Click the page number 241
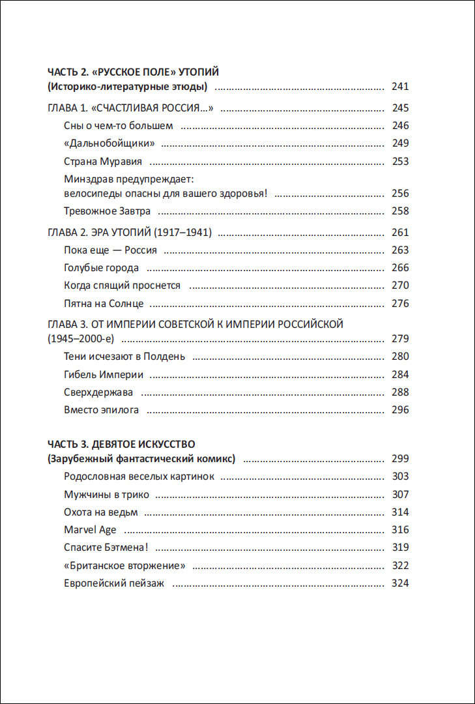[400, 87]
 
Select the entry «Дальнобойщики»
[109, 143]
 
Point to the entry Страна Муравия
[103, 162]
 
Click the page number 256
[400, 194]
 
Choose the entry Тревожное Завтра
[108, 211]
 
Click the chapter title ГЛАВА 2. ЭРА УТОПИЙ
[130, 233]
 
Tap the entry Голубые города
[101, 268]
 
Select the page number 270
[400, 286]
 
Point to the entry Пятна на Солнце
[104, 304]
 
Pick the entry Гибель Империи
[104, 375]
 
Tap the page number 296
[400, 410]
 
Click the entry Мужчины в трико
[107, 495]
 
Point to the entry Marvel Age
[90, 530]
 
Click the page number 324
[400, 583]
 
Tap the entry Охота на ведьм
[101, 512]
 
